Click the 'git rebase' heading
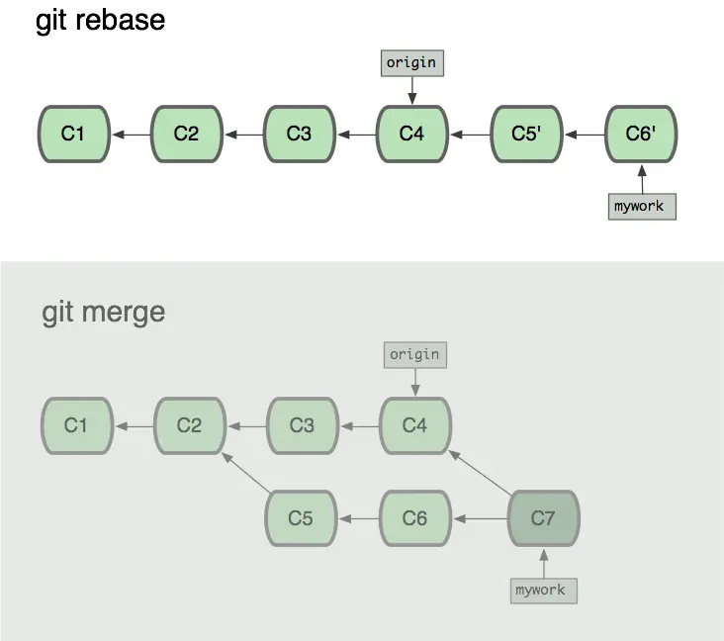(x=100, y=20)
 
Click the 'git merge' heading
(x=104, y=313)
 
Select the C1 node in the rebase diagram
(x=73, y=134)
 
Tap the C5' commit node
(x=525, y=134)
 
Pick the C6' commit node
(x=640, y=134)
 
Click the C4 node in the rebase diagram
(x=411, y=134)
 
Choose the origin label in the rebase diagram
(x=410, y=63)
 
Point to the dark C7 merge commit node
(x=543, y=517)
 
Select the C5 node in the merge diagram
(x=301, y=517)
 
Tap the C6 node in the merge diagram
(x=414, y=517)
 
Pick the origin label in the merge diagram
(x=414, y=354)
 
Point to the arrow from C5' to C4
(x=469, y=134)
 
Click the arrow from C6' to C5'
(x=583, y=134)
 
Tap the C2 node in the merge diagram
(x=189, y=425)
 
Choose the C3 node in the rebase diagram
(x=299, y=134)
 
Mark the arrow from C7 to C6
(x=479, y=517)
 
